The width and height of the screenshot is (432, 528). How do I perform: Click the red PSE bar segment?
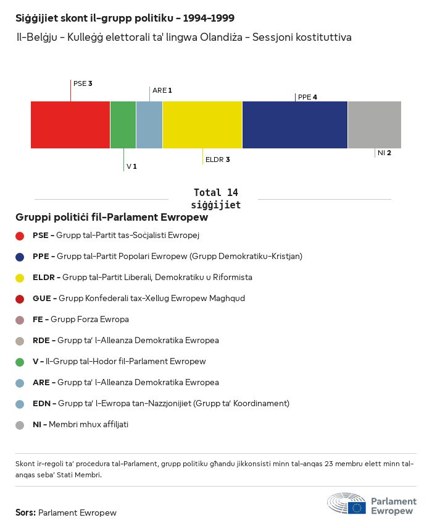tap(70, 125)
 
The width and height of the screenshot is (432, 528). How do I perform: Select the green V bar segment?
tap(123, 125)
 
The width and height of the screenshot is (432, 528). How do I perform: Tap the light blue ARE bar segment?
tap(149, 125)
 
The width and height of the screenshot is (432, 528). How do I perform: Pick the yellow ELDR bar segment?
tap(202, 125)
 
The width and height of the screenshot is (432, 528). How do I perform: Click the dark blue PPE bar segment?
tap(295, 125)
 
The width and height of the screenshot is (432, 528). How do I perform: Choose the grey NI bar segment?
tap(375, 125)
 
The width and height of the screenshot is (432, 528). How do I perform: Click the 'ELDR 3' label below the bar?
tap(217, 160)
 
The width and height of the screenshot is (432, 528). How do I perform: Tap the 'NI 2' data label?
tap(384, 153)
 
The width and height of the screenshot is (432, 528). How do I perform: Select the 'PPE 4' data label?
tap(307, 97)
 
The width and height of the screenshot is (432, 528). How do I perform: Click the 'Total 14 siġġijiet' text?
tap(215, 198)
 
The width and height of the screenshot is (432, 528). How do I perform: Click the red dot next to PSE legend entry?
tap(20, 236)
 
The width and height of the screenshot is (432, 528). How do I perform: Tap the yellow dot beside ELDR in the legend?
tap(20, 278)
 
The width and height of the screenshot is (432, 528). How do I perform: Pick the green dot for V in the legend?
tap(20, 362)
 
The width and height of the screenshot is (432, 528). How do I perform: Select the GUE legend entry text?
tap(139, 298)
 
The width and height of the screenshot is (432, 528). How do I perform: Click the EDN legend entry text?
tap(161, 404)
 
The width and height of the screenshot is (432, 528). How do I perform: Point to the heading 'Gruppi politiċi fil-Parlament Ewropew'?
tap(112, 218)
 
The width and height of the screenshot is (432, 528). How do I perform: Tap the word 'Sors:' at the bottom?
tap(26, 513)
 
